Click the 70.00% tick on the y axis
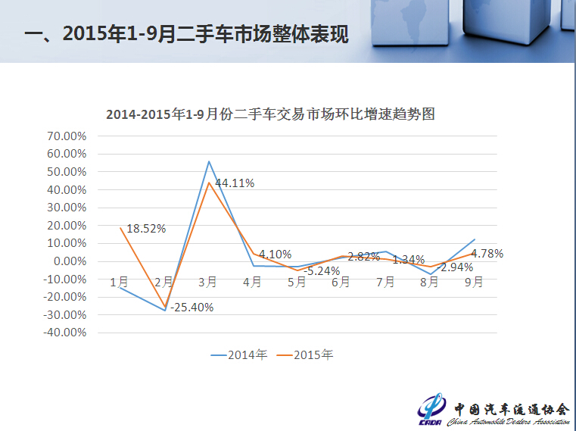pos(67,136)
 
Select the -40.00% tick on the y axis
pos(65,333)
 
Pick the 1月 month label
pos(119,282)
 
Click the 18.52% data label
pos(146,228)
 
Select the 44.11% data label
pos(235,183)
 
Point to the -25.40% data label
pos(192,308)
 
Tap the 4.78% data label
pos(487,254)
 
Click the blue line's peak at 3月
pos(208,161)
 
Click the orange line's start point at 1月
pos(120,228)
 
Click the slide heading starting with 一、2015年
pos(186,34)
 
